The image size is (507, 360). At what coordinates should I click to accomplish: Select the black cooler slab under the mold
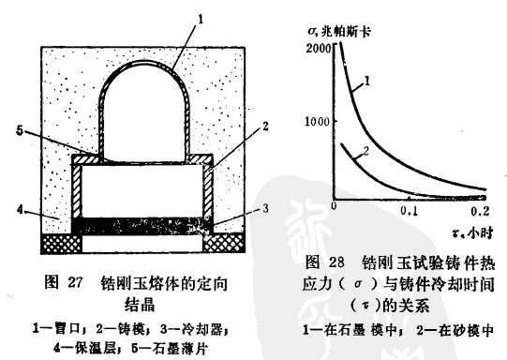point(143,225)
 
